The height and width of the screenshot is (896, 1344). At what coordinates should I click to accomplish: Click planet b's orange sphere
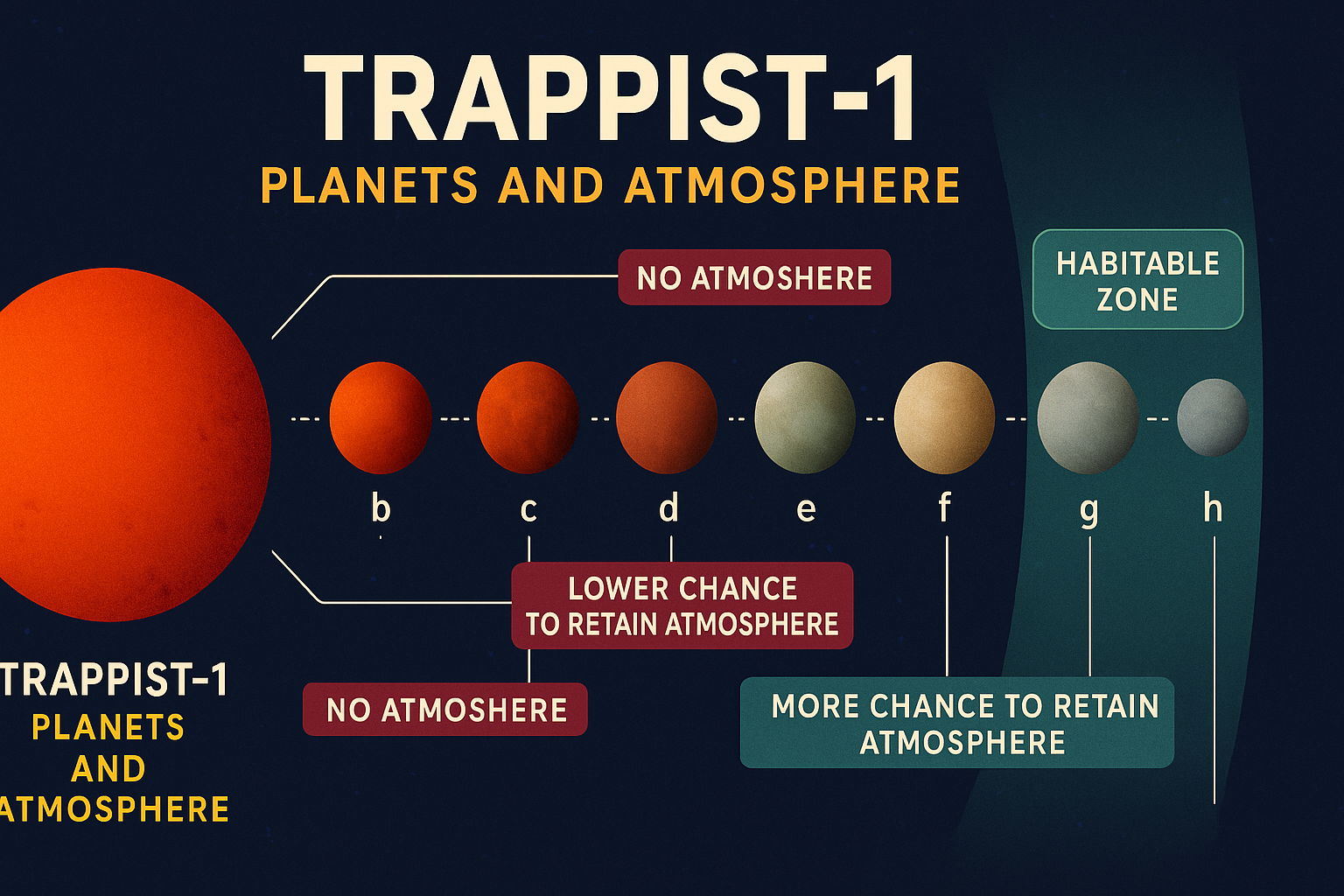381,417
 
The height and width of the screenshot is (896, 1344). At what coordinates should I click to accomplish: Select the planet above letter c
528,417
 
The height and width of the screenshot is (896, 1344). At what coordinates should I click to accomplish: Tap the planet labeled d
668,417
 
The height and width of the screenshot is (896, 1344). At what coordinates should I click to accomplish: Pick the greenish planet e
805,417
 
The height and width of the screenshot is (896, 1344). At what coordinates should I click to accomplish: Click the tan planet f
944,417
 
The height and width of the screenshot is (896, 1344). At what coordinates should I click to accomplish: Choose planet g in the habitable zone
1088,417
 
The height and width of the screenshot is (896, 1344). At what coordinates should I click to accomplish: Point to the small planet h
1213,417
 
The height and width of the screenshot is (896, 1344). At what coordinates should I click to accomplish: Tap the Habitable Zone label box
1137,279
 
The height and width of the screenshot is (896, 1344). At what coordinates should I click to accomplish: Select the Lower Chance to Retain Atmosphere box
682,605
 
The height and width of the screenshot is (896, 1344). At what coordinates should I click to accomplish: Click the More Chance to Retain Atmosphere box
957,723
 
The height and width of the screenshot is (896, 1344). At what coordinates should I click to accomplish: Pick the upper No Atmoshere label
754,277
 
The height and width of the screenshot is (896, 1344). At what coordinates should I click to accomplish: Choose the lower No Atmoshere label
445,710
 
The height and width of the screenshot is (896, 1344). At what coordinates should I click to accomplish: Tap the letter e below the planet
806,509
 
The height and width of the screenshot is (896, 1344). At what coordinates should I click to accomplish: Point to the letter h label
1213,507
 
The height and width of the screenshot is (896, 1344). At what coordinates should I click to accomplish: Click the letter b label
381,507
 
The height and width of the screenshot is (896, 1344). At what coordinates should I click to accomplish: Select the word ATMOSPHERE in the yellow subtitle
793,185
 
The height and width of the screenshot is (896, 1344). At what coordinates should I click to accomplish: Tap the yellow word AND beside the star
108,769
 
